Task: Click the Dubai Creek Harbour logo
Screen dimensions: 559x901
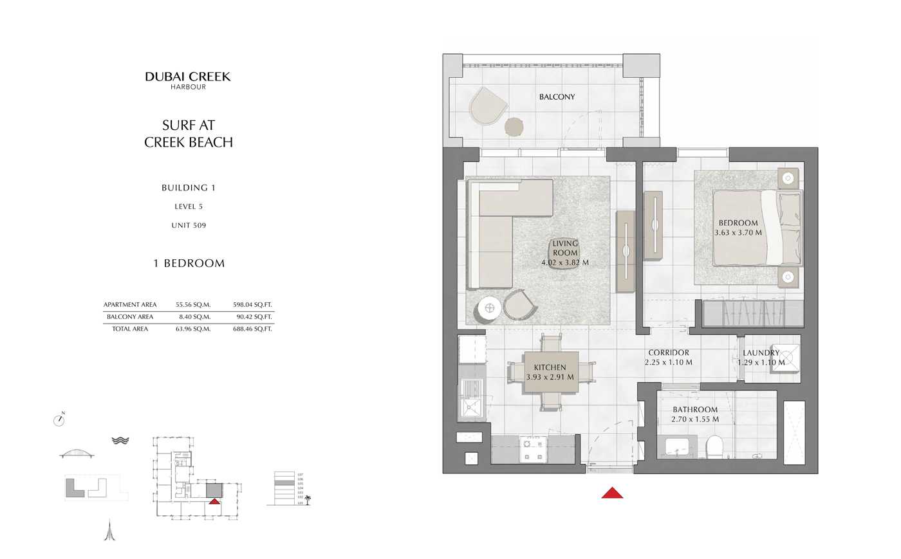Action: click(188, 80)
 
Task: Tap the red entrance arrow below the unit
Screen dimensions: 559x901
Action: click(612, 493)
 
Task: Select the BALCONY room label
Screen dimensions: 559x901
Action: click(557, 97)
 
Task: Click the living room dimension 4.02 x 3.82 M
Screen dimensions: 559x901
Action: click(564, 262)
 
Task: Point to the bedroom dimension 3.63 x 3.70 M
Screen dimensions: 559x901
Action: click(738, 233)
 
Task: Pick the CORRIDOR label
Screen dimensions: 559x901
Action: click(668, 353)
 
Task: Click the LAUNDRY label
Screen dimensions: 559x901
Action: click(761, 353)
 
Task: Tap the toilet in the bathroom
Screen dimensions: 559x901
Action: click(714, 446)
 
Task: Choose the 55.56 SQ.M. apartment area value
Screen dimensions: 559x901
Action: click(193, 305)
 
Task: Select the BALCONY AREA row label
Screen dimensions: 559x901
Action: click(130, 316)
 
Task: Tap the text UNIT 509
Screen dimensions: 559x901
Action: click(189, 225)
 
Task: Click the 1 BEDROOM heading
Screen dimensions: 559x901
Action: click(189, 263)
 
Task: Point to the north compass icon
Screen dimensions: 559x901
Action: click(59, 420)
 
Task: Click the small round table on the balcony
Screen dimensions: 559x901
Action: click(514, 127)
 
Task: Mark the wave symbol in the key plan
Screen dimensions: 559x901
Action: click(120, 441)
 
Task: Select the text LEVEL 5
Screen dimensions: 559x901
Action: click(189, 206)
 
